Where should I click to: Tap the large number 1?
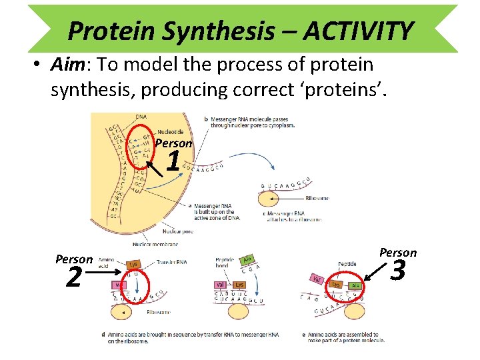coord(173,161)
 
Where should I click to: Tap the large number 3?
coord(398,271)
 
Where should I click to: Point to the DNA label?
coord(142,118)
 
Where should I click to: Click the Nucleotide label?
coord(171,131)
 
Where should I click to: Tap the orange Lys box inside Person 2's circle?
coord(134,265)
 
